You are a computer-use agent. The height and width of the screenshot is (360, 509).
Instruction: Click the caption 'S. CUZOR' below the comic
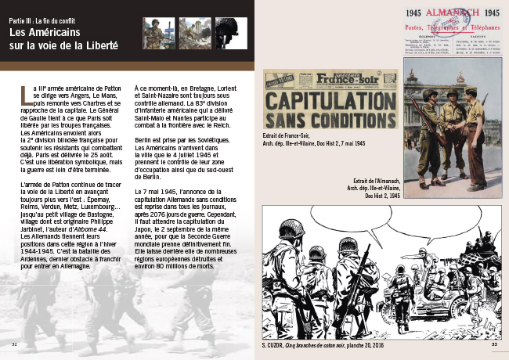pyautogui.click(x=275, y=344)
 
